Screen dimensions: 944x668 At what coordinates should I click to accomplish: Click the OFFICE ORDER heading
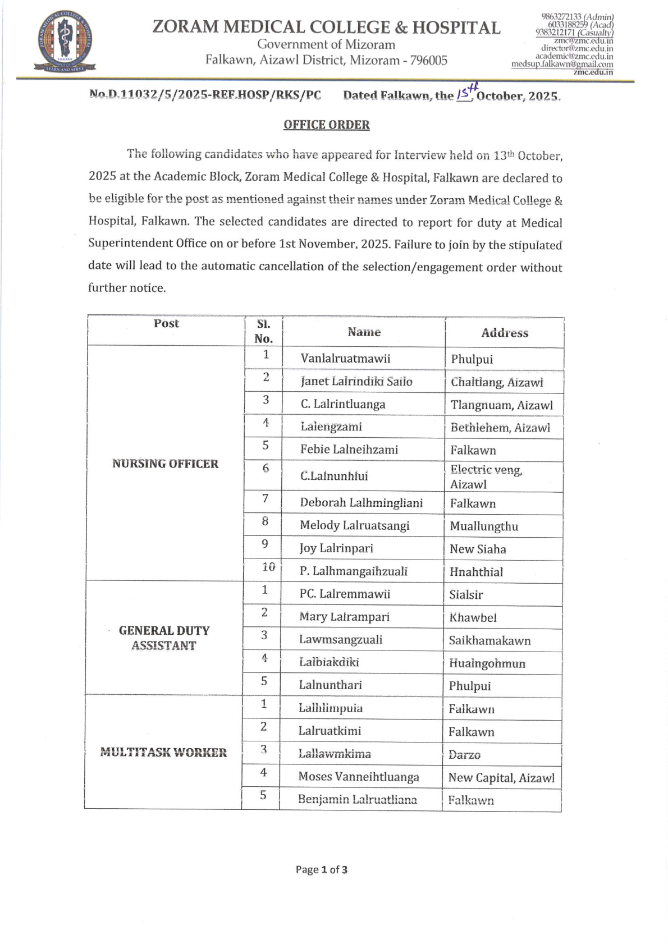click(326, 125)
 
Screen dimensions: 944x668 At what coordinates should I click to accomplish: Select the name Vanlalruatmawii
click(345, 359)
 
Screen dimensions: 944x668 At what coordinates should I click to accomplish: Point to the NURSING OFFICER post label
click(165, 464)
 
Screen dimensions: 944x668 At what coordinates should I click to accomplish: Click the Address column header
click(505, 333)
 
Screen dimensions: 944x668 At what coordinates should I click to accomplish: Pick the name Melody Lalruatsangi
click(355, 525)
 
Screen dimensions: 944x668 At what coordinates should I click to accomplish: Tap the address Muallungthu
click(484, 526)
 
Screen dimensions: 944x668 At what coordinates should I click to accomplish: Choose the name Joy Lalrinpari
click(336, 548)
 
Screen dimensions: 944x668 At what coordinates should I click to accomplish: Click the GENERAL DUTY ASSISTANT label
click(164, 638)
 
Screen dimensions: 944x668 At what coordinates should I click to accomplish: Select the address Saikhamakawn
click(489, 640)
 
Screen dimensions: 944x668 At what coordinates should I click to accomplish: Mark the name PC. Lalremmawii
click(345, 594)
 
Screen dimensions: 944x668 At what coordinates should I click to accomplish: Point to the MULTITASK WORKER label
click(163, 753)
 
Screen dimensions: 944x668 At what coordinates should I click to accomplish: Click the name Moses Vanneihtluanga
click(359, 777)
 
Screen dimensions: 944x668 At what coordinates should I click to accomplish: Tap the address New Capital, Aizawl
click(501, 777)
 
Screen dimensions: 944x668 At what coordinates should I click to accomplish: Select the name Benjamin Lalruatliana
click(358, 799)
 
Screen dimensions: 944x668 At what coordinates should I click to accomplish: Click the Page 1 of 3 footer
click(322, 869)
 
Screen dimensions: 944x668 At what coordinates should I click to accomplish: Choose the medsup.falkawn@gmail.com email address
click(562, 65)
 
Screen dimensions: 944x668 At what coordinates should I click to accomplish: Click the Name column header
click(364, 332)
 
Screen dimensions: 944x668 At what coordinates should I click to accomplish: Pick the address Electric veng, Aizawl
click(486, 477)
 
